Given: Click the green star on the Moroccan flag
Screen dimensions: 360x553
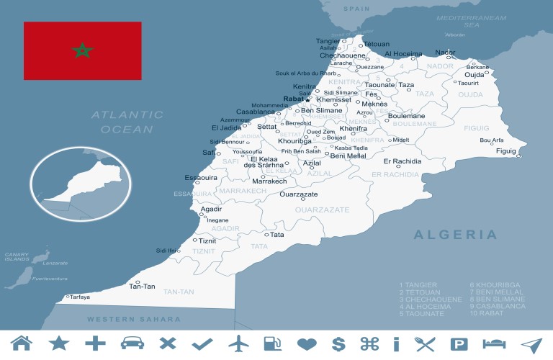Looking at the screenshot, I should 83,50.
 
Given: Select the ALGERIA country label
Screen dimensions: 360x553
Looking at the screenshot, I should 455,235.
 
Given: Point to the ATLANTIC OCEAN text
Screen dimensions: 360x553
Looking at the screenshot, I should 127,122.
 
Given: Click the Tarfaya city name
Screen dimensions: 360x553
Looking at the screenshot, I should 79,297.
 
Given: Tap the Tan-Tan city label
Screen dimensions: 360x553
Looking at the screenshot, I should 142,287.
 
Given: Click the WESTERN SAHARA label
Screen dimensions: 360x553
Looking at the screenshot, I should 134,318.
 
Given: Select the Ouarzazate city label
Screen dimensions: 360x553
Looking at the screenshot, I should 299,194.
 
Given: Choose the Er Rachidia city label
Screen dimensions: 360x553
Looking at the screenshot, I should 403,161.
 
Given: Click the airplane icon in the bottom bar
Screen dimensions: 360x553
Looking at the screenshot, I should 239,344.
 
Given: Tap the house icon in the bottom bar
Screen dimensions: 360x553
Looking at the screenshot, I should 22,344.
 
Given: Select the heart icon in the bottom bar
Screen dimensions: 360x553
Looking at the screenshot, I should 307,344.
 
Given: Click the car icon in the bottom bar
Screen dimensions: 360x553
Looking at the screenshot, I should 131,344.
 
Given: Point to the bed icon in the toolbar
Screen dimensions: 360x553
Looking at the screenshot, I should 495,344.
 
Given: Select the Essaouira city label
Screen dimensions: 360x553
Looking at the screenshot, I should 202,177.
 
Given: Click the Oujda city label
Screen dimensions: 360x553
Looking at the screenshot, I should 474,75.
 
